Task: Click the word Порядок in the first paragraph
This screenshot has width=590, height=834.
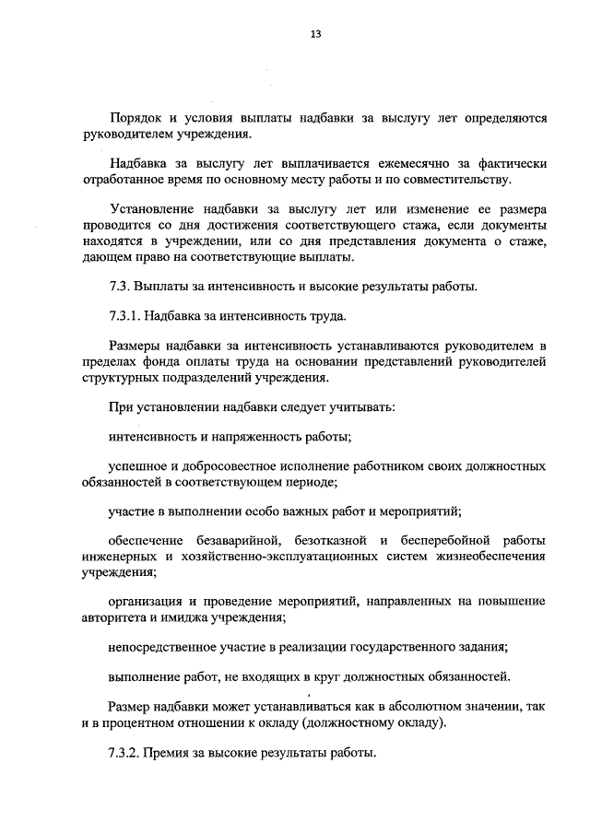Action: pos(136,119)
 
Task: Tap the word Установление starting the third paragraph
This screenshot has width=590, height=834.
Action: pos(151,208)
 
